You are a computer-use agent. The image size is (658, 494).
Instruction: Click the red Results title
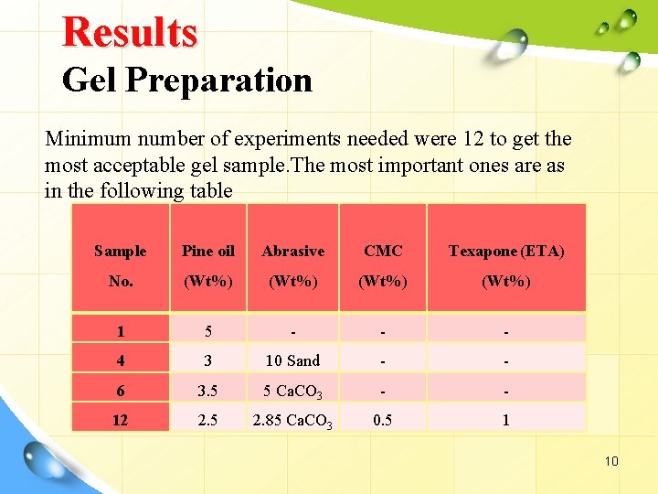pyautogui.click(x=129, y=32)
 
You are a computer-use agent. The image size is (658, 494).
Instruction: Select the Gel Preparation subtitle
pyautogui.click(x=187, y=81)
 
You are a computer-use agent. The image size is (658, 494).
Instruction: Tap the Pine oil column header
pyautogui.click(x=208, y=251)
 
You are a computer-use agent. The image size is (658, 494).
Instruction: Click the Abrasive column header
pyautogui.click(x=292, y=251)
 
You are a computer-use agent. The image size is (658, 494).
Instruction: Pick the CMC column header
pyautogui.click(x=382, y=251)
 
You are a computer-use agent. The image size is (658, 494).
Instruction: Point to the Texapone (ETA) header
pyautogui.click(x=505, y=251)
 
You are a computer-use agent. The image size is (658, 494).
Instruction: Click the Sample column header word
pyautogui.click(x=120, y=251)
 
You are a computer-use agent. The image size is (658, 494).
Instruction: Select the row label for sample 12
pyautogui.click(x=121, y=421)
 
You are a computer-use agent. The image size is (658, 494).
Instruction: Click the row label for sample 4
pyautogui.click(x=121, y=360)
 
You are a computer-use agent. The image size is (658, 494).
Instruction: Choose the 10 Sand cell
pyautogui.click(x=292, y=360)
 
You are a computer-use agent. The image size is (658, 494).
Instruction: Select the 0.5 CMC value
pyautogui.click(x=382, y=421)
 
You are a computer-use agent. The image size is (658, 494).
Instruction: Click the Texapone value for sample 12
pyautogui.click(x=505, y=421)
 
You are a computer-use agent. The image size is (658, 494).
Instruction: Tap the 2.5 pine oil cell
pyautogui.click(x=208, y=421)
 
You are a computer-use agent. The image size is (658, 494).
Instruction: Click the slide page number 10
pyautogui.click(x=610, y=461)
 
